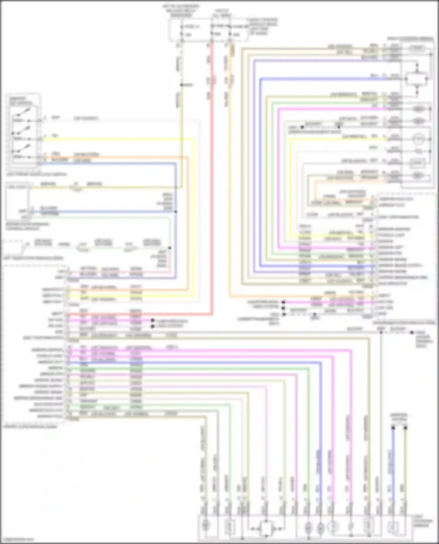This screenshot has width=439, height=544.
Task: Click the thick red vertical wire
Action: [x=212, y=175]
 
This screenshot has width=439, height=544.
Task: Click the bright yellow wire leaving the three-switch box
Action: [x=117, y=139]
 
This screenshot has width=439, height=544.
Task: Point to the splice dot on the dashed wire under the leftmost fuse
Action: [x=181, y=85]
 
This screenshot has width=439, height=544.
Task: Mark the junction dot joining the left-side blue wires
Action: [x=176, y=212]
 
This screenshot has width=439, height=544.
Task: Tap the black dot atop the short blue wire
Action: [x=393, y=428]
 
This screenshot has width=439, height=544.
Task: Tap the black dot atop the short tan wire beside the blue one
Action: [x=405, y=428]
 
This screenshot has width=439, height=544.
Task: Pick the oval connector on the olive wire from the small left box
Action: [x=76, y=188]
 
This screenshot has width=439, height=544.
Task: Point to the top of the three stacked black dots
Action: [x=283, y=302]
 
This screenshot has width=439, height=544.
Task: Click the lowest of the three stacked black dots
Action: [x=284, y=314]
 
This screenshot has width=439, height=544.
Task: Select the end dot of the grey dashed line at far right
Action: [x=412, y=332]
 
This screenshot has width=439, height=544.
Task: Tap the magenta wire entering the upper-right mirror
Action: [x=337, y=109]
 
